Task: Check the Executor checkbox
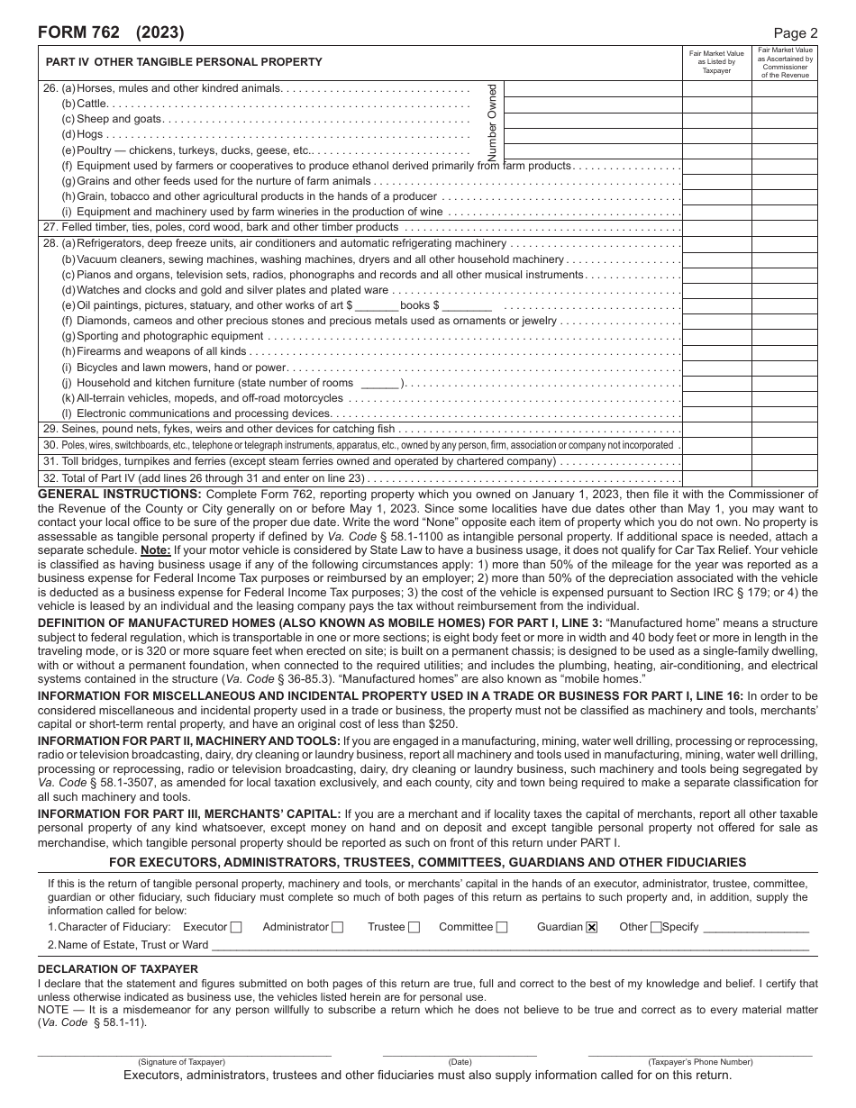point(236,927)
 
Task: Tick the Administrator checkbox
point(337,927)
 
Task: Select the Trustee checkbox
point(414,927)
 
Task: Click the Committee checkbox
point(502,927)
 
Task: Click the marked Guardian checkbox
point(592,927)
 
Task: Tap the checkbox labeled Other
point(655,927)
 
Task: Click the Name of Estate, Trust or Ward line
point(509,946)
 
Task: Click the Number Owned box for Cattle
point(592,104)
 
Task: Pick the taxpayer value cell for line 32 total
point(716,479)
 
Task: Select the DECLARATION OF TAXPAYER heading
point(117,968)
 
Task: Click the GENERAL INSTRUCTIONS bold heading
point(119,494)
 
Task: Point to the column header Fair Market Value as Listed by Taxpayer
point(716,63)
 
